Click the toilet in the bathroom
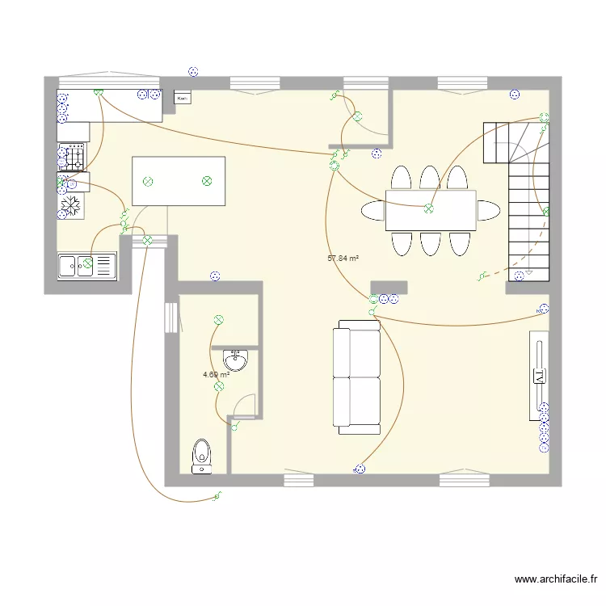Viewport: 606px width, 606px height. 200,456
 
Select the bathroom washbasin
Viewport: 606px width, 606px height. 236,360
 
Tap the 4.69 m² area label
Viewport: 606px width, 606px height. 216,375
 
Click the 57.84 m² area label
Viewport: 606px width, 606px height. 343,259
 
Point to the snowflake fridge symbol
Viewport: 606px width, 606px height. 72,206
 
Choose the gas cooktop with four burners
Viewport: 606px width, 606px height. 73,156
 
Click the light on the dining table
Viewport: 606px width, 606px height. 429,208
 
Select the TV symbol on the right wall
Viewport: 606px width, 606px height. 538,375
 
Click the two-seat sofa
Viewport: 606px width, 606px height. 358,376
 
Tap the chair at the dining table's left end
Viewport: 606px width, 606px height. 373,211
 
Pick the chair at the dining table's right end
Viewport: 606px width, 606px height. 487,210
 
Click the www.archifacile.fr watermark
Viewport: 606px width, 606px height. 558,579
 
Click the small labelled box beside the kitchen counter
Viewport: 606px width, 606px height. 182,99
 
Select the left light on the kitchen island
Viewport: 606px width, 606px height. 148,182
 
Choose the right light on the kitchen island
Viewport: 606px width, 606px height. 206,181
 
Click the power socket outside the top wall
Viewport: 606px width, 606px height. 191,70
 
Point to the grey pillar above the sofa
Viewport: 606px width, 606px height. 389,288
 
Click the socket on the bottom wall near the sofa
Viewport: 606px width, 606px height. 360,469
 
